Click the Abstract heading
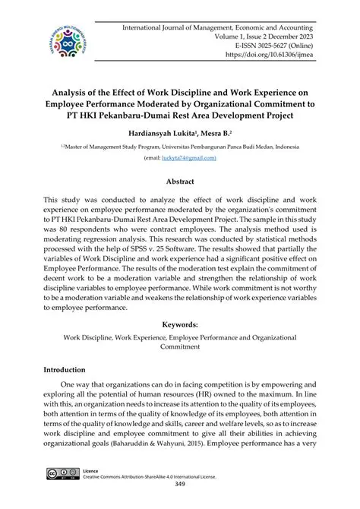[x=180, y=182]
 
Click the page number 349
[x=180, y=483]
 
